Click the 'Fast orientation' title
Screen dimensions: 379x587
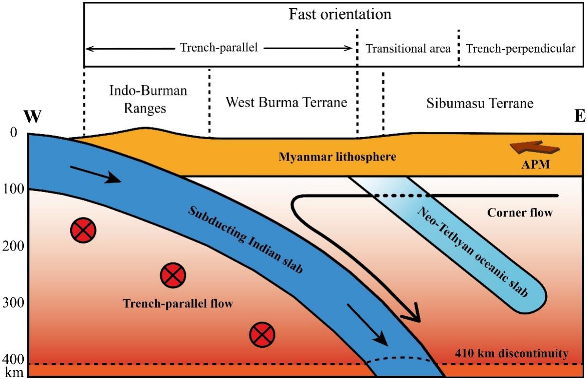click(340, 14)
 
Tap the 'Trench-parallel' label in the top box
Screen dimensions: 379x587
click(219, 48)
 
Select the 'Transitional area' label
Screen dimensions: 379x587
click(408, 49)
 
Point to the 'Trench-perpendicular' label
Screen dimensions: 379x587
click(520, 49)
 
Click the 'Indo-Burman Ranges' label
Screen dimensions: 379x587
click(147, 99)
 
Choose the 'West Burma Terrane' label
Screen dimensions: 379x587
click(286, 103)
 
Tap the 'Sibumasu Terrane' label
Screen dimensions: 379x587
click(480, 103)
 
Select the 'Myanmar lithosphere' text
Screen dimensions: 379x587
click(337, 157)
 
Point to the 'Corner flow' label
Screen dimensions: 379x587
click(520, 213)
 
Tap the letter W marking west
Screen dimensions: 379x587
click(32, 117)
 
